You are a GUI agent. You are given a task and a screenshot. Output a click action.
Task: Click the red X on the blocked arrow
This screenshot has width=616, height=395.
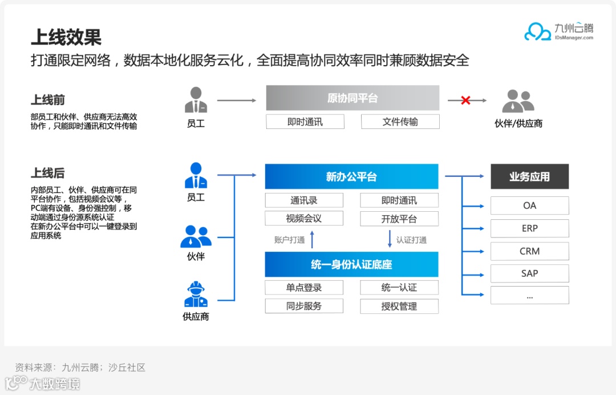pyautogui.click(x=465, y=100)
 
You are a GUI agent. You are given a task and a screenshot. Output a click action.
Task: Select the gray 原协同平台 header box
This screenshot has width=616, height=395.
pyautogui.click(x=352, y=98)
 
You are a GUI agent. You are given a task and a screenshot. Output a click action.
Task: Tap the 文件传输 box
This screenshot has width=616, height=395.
pyautogui.click(x=400, y=122)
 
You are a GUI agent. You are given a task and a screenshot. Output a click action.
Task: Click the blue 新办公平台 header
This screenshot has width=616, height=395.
pyautogui.click(x=351, y=177)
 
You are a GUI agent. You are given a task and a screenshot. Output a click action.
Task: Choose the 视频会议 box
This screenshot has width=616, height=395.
pyautogui.click(x=304, y=219)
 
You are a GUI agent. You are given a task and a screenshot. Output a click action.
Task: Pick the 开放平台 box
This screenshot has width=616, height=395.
pyautogui.click(x=399, y=219)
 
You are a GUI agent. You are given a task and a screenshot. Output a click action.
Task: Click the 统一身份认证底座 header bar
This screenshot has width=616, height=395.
pyautogui.click(x=351, y=265)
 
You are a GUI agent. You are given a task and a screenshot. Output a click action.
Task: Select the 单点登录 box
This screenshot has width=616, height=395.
pyautogui.click(x=304, y=288)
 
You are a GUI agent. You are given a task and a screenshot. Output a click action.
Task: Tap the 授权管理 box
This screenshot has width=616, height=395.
pyautogui.click(x=399, y=306)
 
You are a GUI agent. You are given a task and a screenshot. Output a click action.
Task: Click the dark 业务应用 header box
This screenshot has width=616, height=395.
pyautogui.click(x=529, y=177)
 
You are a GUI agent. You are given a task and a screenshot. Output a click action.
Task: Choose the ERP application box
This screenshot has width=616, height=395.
pyautogui.click(x=529, y=228)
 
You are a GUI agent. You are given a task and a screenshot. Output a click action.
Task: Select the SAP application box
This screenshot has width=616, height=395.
pyautogui.click(x=529, y=273)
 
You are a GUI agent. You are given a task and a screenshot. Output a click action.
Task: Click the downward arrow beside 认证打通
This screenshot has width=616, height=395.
pyautogui.click(x=390, y=239)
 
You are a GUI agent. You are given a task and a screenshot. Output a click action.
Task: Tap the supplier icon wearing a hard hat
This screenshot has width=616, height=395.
pyautogui.click(x=196, y=295)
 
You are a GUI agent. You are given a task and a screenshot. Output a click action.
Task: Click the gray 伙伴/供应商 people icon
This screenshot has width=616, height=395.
pyautogui.click(x=518, y=102)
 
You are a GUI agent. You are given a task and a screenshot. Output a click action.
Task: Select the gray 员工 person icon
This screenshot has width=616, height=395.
pyautogui.click(x=196, y=100)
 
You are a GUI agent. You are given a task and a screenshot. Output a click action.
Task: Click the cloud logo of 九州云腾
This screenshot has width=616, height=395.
pyautogui.click(x=537, y=32)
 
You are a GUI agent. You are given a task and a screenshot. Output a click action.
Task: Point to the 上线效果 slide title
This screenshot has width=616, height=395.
pyautogui.click(x=66, y=38)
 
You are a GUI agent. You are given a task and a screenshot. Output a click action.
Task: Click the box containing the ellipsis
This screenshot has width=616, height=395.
pyautogui.click(x=529, y=296)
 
